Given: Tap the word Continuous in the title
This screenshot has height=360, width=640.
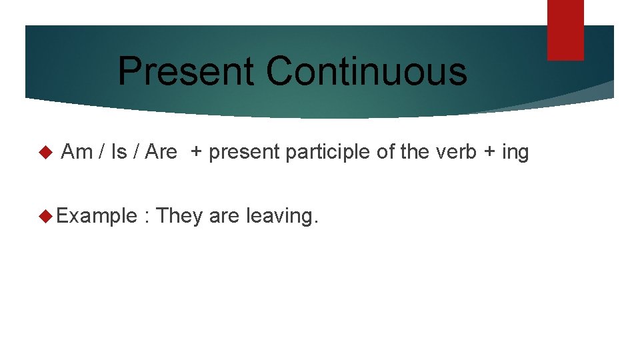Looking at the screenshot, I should click(x=367, y=71).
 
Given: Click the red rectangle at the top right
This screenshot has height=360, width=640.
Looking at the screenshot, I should click(x=565, y=30).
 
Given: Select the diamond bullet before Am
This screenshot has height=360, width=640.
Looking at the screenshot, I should click(x=45, y=153).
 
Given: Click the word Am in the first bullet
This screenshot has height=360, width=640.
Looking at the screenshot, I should click(x=77, y=153).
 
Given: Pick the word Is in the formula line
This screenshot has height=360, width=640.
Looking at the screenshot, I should click(x=119, y=153).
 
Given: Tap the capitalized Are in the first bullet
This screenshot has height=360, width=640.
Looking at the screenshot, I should click(x=161, y=153).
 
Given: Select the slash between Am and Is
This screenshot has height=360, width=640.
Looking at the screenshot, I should click(x=101, y=153).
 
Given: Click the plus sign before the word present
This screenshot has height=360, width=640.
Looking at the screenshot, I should click(x=197, y=153).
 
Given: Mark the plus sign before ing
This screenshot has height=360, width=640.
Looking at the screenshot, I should click(x=489, y=153).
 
